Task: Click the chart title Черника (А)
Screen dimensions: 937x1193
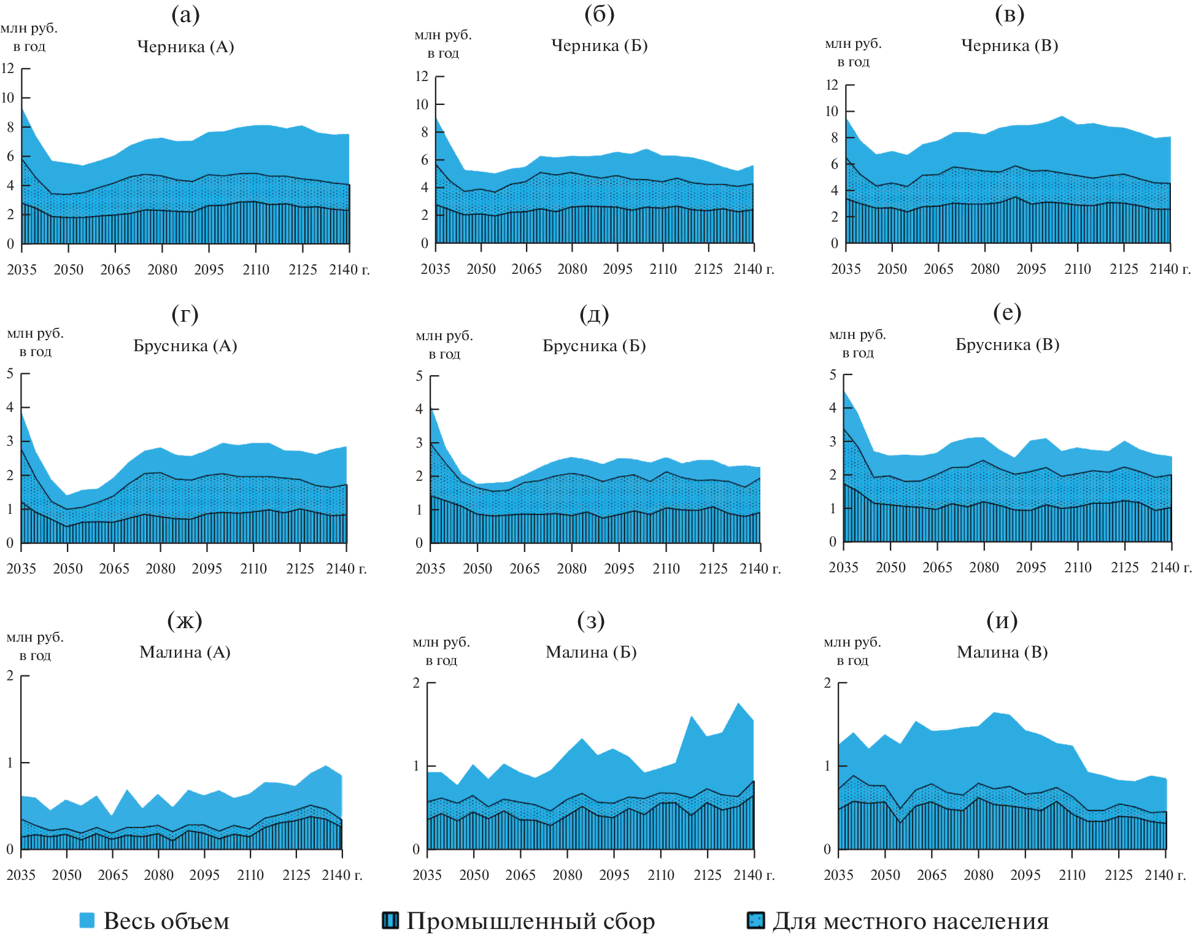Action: [x=185, y=47]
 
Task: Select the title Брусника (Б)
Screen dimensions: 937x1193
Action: [x=594, y=346]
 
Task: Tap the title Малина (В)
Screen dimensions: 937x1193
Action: [x=1002, y=651]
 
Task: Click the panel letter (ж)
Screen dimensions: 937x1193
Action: [x=185, y=621]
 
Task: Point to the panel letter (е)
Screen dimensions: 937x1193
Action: [x=1007, y=313]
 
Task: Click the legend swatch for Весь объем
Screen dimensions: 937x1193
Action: [x=87, y=920]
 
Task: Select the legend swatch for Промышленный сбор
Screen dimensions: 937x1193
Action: [x=390, y=920]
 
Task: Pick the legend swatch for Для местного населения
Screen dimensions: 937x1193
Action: [x=755, y=920]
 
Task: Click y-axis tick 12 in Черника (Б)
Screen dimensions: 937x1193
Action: [x=422, y=77]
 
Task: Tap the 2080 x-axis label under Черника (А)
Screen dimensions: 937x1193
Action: [x=162, y=270]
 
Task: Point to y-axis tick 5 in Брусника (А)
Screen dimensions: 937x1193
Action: [x=10, y=373]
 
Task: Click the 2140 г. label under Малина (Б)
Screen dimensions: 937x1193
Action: [x=754, y=875]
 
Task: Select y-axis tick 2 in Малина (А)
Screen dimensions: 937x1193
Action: [x=10, y=675]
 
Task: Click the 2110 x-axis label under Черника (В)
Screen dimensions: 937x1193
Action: [x=1078, y=269]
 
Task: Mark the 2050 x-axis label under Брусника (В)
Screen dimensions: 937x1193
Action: [x=890, y=567]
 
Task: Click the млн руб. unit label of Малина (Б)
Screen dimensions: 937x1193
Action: [x=441, y=642]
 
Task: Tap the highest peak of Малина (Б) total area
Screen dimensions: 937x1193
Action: [x=738, y=704]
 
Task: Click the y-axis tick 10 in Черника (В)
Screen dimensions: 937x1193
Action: [x=832, y=111]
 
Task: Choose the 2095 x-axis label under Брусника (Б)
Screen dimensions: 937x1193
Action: [x=619, y=569]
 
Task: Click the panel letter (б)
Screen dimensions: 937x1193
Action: [x=599, y=14]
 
